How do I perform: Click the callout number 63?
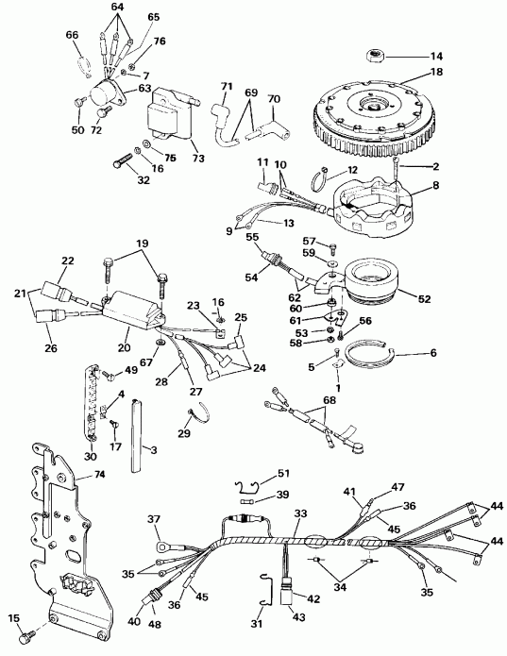pyautogui.click(x=145, y=88)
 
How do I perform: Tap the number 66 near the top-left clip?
pyautogui.click(x=72, y=35)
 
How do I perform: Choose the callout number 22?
pyautogui.click(x=68, y=261)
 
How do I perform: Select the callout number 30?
pyautogui.click(x=91, y=457)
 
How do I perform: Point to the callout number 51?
pyautogui.click(x=285, y=474)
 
